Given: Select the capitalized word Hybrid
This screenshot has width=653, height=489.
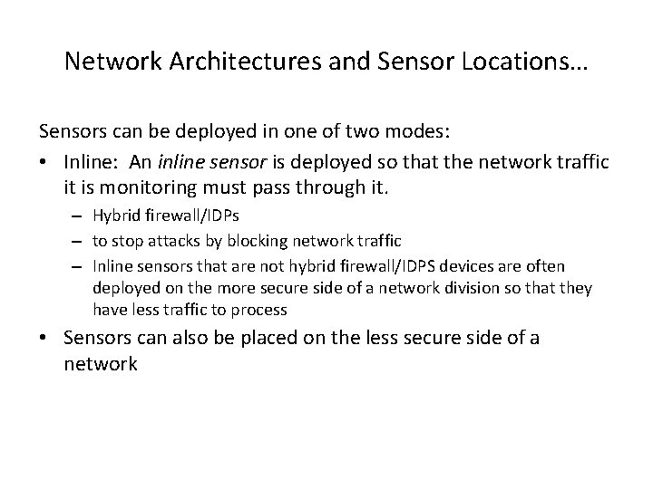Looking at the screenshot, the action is (x=114, y=217).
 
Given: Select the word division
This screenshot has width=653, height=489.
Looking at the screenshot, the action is (x=454, y=288).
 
